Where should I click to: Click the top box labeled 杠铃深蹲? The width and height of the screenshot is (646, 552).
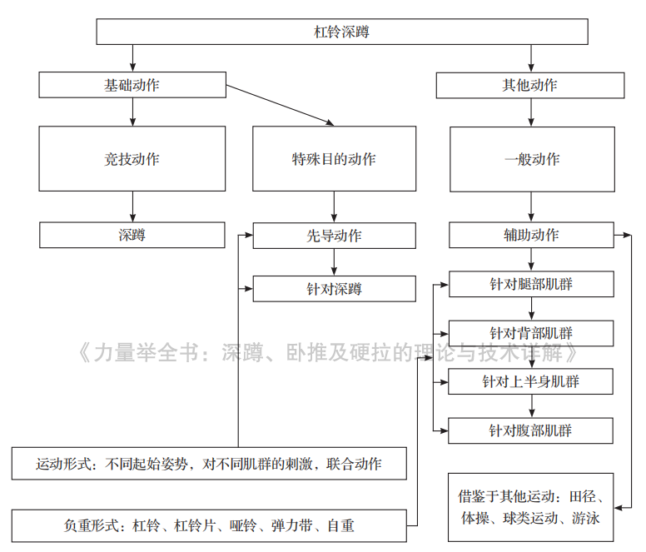(342, 32)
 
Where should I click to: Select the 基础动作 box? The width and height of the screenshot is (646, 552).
(132, 85)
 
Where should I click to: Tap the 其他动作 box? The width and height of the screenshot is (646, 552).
(530, 85)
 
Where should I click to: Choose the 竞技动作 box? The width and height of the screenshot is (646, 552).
(132, 159)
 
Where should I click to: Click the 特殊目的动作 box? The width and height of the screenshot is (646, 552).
(334, 159)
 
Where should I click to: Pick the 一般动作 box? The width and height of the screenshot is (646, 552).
(532, 159)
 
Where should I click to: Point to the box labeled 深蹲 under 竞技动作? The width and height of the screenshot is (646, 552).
(132, 235)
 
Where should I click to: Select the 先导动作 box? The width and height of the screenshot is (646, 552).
(334, 236)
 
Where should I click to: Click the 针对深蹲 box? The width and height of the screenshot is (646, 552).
(334, 289)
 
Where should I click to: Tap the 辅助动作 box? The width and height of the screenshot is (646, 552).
(532, 236)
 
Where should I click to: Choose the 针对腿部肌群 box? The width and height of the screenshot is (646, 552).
(531, 284)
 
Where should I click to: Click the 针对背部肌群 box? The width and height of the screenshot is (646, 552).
(531, 333)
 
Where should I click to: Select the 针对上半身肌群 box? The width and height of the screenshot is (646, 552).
(531, 381)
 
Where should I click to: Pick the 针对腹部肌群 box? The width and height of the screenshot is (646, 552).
(531, 430)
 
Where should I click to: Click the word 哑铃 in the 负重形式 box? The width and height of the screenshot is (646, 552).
(241, 525)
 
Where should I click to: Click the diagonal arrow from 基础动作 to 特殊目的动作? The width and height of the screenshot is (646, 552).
(280, 106)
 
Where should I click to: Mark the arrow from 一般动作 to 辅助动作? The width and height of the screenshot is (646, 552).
(532, 206)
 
